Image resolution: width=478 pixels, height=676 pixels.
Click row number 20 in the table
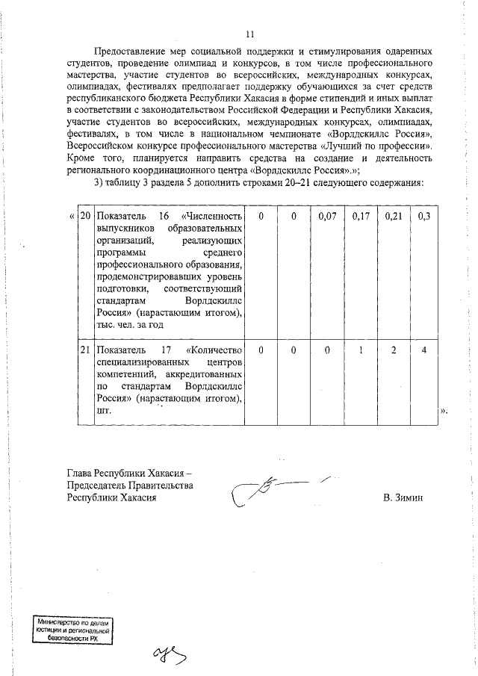(x=86, y=216)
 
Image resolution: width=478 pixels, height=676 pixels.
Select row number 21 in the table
(x=86, y=350)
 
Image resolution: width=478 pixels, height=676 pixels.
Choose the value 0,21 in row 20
(x=393, y=216)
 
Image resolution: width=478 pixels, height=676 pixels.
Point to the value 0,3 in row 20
(x=423, y=216)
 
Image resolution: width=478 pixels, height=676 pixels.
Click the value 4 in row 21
(x=423, y=350)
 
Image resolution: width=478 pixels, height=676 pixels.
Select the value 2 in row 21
(x=393, y=350)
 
